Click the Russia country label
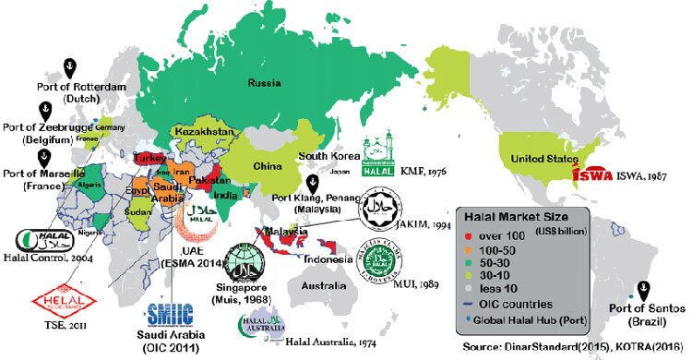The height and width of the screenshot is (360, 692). (264, 82)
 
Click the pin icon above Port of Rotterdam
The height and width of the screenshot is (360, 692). (67, 66)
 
